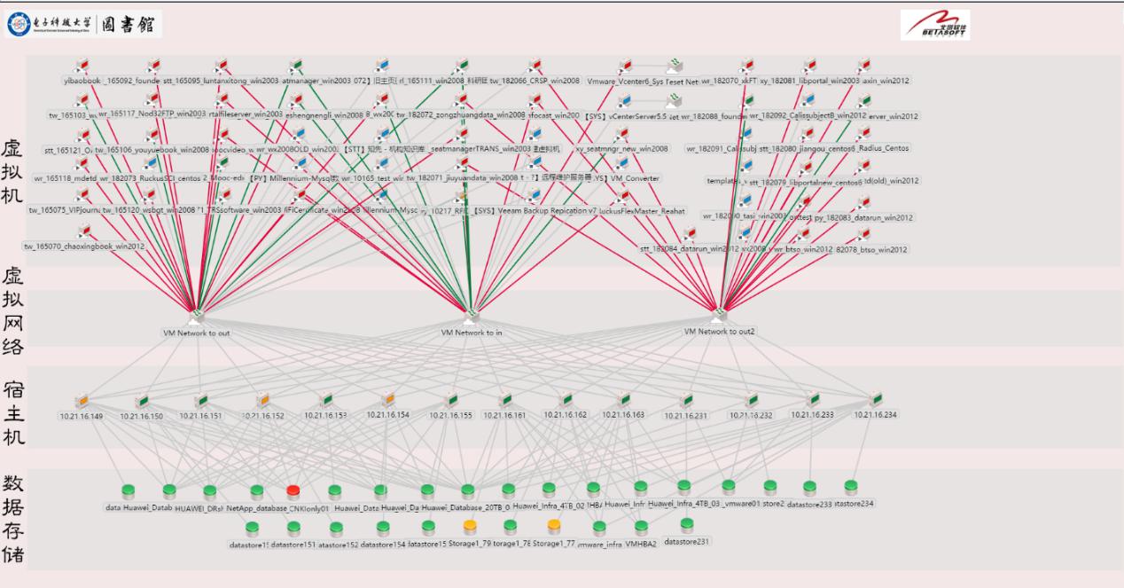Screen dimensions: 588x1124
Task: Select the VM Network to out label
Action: click(x=196, y=333)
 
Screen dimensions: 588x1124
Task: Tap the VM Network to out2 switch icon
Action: click(x=719, y=314)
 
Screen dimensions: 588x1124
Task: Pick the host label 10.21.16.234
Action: click(x=876, y=414)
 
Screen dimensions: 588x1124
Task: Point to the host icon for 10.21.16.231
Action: click(x=687, y=400)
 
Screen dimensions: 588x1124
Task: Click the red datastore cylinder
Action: click(x=293, y=491)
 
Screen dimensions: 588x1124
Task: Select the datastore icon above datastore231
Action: click(x=687, y=525)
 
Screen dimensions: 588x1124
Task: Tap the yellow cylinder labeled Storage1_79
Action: click(x=470, y=527)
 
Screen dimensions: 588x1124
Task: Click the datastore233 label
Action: click(x=809, y=504)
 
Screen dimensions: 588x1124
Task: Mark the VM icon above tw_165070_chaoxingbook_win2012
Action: click(x=84, y=231)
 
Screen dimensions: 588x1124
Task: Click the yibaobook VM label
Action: click(x=82, y=81)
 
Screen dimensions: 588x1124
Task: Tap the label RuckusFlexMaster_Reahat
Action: click(x=642, y=211)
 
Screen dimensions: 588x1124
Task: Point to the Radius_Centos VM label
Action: click(x=885, y=148)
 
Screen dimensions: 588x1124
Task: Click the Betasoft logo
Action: click(x=934, y=25)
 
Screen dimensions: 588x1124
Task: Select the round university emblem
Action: click(x=17, y=25)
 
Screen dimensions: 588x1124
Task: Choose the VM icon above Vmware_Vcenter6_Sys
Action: click(x=625, y=66)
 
